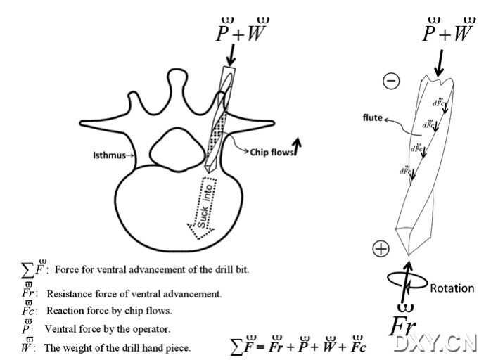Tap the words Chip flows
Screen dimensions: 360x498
pos(271,149)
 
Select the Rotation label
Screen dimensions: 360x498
pos(452,288)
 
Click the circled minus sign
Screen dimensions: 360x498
pos(391,81)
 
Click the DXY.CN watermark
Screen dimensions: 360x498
pos(435,342)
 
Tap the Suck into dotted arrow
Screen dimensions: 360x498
pos(204,207)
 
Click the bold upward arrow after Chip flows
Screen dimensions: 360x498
pos(298,146)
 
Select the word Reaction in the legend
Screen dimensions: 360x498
pos(66,311)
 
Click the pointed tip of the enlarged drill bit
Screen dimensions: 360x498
pos(409,254)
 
